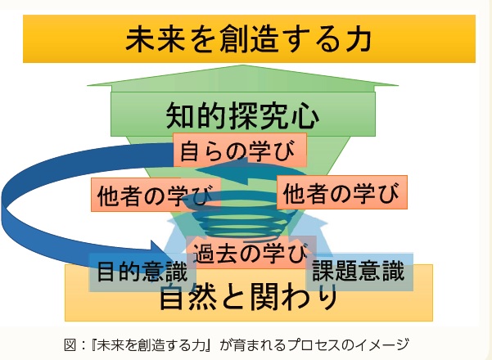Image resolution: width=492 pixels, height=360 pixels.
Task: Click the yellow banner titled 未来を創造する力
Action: (x=249, y=38)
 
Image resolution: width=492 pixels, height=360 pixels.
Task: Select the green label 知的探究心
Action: (x=242, y=116)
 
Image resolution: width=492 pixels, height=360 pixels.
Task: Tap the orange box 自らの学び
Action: (x=240, y=150)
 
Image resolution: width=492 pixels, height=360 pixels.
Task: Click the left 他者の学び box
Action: (x=156, y=195)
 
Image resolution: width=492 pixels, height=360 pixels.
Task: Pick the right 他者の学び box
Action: (x=342, y=192)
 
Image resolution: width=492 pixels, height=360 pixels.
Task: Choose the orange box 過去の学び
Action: (x=251, y=253)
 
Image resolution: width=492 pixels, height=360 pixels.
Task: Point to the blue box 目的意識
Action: (x=142, y=272)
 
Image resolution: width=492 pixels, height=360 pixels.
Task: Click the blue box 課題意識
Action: (x=359, y=272)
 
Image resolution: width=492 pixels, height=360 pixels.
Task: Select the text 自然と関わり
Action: (x=249, y=297)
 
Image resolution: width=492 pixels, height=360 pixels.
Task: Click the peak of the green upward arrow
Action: (x=242, y=65)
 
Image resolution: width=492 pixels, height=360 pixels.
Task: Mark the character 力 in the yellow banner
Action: (x=358, y=39)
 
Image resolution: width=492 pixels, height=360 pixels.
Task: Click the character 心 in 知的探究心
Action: (x=305, y=116)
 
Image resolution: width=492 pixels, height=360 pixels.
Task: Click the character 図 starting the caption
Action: (x=70, y=345)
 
